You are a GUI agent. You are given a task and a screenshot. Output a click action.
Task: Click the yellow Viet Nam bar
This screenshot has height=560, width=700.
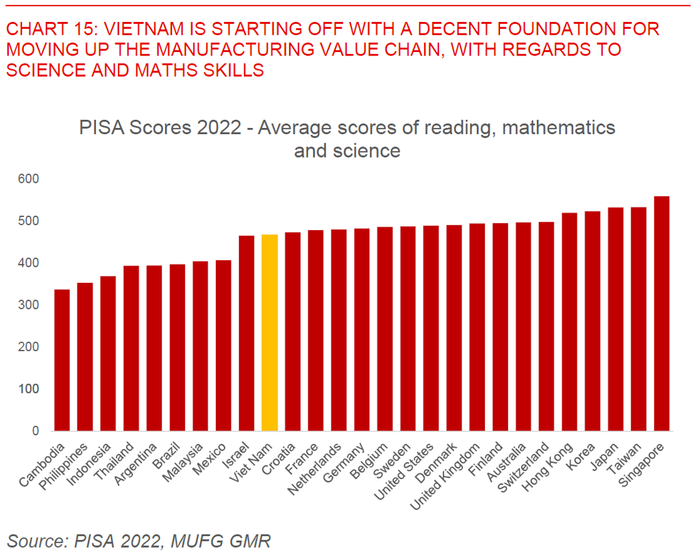pos(270,333)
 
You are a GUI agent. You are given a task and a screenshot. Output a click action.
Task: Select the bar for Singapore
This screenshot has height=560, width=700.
pos(662,314)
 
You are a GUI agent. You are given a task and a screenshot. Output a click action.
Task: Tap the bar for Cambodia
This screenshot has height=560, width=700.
pos(62,360)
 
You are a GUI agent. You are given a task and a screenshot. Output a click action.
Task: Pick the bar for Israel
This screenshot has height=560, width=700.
pos(247,333)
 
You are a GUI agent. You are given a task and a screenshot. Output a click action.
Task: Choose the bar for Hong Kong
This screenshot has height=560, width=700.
pos(569,322)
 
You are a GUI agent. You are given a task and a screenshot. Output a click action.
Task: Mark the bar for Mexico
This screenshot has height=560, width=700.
pos(223,345)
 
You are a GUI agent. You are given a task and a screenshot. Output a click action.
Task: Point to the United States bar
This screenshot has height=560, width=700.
pos(431,328)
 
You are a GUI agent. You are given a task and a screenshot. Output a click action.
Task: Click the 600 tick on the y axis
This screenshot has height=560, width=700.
pos(29,179)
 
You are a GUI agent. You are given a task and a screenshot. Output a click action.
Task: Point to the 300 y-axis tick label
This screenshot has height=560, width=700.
pos(29,305)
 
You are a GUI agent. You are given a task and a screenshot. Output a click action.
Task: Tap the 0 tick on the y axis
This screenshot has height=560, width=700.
pos(35,431)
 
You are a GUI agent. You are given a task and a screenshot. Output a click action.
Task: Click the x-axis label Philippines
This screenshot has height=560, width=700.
pos(64,467)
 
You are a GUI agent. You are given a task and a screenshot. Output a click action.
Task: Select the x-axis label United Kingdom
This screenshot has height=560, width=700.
pos(445,476)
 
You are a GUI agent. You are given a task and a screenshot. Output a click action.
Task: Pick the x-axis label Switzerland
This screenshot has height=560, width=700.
pos(523,467)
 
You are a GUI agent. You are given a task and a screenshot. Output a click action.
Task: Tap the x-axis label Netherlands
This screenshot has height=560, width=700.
pos(315,469)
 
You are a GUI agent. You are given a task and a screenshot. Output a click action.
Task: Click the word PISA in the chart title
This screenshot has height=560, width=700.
pos(102,127)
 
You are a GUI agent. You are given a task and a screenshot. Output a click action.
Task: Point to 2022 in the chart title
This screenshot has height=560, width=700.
pos(218,127)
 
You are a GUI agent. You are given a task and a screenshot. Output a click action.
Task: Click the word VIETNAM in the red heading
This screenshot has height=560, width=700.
pos(144,29)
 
